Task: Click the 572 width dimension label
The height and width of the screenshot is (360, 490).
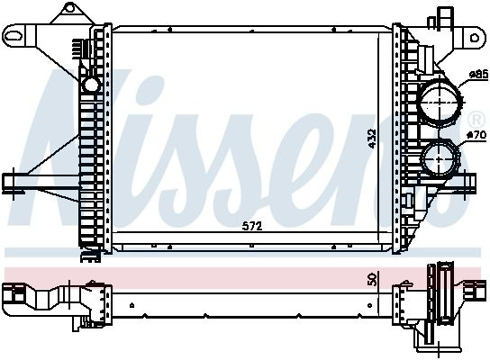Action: (x=252, y=226)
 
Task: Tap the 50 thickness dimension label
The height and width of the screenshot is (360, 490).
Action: (x=373, y=278)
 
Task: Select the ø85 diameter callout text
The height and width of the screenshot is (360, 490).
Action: (x=479, y=75)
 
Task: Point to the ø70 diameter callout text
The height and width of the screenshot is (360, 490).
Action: (x=476, y=135)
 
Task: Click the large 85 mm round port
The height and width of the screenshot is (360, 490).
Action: (x=441, y=102)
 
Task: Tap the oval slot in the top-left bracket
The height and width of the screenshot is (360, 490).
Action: (x=15, y=35)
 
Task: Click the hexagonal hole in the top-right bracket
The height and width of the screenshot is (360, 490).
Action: (x=475, y=38)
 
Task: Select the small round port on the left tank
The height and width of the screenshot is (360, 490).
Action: (x=91, y=84)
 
